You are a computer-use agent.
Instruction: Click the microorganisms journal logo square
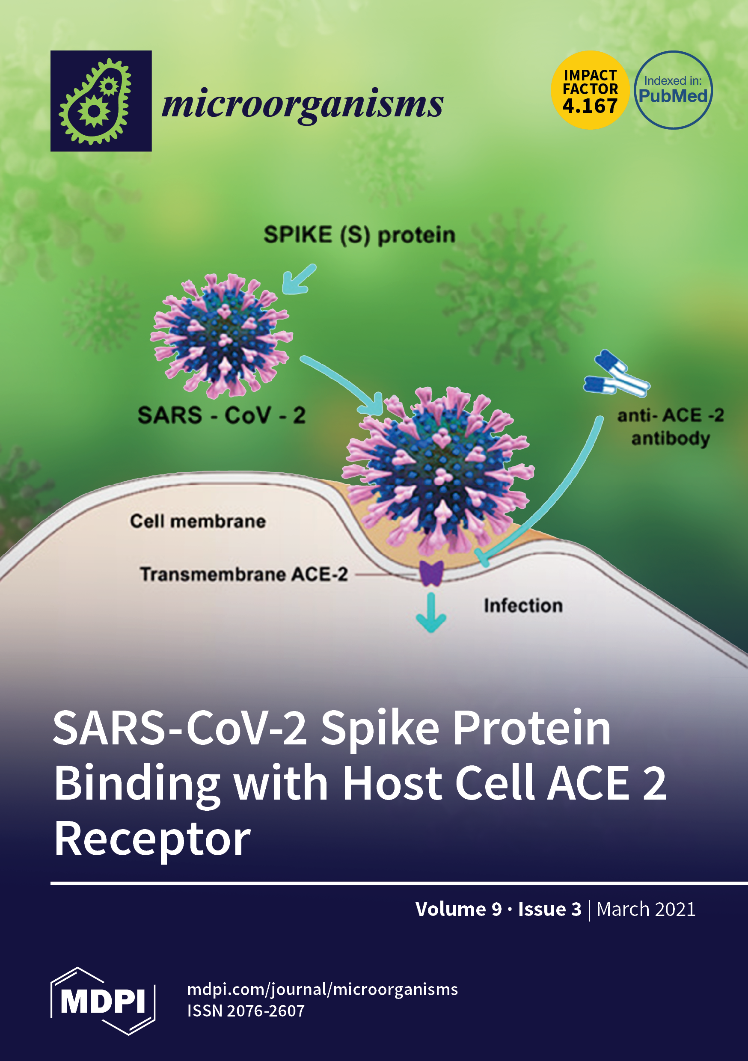[101, 101]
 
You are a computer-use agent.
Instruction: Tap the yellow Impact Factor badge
[590, 90]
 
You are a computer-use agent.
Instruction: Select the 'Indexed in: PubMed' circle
[673, 90]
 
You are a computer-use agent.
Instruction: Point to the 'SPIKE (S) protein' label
[359, 235]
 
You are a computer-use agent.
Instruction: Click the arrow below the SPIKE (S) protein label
[299, 279]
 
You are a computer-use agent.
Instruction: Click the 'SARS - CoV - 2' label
[221, 415]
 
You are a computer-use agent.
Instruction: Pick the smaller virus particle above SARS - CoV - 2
[221, 335]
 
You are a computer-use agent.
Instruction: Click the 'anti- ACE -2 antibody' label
[671, 427]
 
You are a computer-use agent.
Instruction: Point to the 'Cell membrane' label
[198, 521]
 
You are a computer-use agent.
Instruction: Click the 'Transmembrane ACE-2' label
[243, 575]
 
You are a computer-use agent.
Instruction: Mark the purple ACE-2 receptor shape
[431, 573]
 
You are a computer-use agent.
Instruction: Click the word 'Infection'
[523, 605]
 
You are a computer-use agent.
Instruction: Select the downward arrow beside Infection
[431, 613]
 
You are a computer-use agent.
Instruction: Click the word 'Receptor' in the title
[152, 840]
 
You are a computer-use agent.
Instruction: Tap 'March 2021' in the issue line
[646, 909]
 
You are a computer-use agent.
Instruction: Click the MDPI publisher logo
[103, 1001]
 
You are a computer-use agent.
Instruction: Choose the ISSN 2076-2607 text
[246, 1011]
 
